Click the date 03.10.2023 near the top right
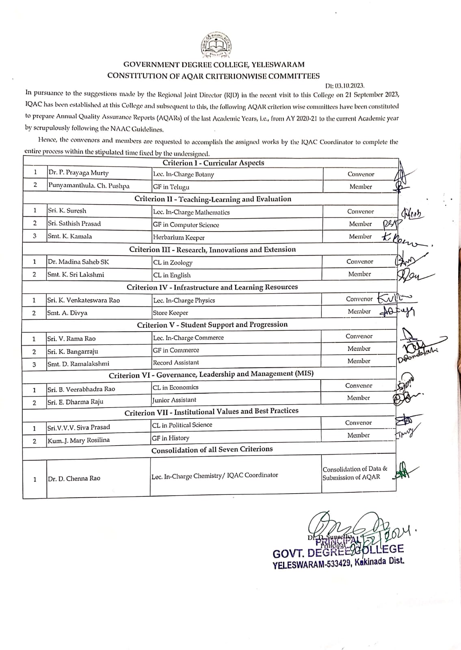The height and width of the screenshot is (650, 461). pyautogui.click(x=345, y=86)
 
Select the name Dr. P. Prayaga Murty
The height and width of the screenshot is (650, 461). pyautogui.click(x=78, y=173)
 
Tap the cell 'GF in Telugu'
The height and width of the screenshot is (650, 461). pyautogui.click(x=171, y=187)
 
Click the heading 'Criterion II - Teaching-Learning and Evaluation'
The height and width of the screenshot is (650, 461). pyautogui.click(x=213, y=199)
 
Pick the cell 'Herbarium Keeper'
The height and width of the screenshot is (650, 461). pyautogui.click(x=179, y=238)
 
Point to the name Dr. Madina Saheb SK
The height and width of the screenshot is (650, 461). pyautogui.click(x=78, y=262)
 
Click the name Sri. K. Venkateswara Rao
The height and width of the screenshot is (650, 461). pyautogui.click(x=84, y=300)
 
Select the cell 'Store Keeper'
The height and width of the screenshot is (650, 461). pyautogui.click(x=170, y=313)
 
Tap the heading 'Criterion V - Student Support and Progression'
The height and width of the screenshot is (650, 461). pyautogui.click(x=212, y=325)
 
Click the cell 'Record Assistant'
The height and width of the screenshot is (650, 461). pyautogui.click(x=176, y=362)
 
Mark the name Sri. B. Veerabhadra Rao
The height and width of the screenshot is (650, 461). pyautogui.click(x=81, y=389)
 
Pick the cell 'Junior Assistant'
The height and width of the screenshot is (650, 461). pyautogui.click(x=174, y=400)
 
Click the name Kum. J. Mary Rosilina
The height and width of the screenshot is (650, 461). pyautogui.click(x=78, y=440)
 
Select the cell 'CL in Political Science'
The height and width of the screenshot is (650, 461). pyautogui.click(x=182, y=425)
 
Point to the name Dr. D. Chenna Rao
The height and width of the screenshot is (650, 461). pyautogui.click(x=74, y=479)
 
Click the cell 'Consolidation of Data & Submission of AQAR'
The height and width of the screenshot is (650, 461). pyautogui.click(x=355, y=473)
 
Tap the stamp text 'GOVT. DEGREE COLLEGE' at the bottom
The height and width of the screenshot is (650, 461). pyautogui.click(x=338, y=552)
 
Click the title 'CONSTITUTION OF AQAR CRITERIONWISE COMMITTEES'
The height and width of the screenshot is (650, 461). pyautogui.click(x=213, y=76)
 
